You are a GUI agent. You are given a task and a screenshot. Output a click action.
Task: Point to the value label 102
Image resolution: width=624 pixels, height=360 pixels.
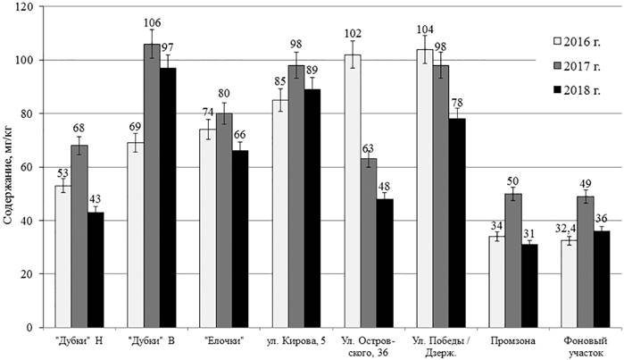[x=353, y=34]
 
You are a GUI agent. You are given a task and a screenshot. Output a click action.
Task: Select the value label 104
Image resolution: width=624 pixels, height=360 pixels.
[x=425, y=29]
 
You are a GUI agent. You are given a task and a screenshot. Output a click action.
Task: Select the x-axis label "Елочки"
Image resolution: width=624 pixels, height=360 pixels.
[x=224, y=340]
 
